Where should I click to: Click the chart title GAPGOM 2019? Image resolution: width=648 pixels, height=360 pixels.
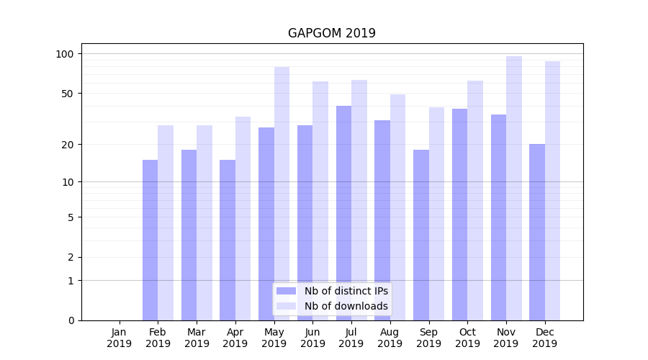331,33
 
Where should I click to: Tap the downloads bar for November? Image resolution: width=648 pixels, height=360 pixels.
514,188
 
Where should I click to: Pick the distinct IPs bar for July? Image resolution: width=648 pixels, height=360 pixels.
343,213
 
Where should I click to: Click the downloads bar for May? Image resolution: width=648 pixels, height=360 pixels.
282,194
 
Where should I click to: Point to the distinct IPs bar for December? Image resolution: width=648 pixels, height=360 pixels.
537,232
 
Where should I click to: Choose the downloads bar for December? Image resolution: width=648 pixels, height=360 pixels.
552,191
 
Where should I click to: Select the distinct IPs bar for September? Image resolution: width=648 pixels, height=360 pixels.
421,235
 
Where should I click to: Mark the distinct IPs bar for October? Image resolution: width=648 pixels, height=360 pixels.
459,215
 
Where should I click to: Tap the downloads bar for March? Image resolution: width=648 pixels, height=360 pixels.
204,222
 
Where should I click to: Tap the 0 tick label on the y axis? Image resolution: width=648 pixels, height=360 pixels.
71,320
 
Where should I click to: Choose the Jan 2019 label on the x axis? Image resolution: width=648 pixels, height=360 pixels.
120,338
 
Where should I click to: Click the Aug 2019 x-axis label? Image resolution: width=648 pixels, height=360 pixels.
390,338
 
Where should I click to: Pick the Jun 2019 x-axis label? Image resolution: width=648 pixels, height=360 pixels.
312,338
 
